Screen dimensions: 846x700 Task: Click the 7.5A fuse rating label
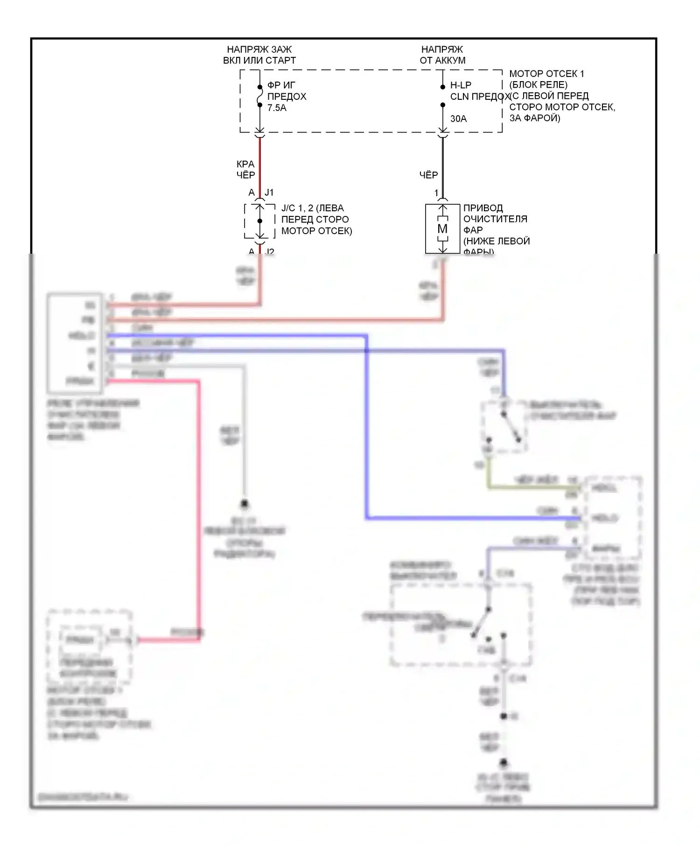(x=277, y=108)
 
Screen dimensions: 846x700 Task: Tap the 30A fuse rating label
(x=458, y=119)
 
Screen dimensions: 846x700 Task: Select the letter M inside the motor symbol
(x=442, y=229)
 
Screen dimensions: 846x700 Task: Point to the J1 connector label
(x=269, y=193)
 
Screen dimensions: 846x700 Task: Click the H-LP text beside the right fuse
(x=461, y=85)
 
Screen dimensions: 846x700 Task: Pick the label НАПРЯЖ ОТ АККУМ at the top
(x=442, y=55)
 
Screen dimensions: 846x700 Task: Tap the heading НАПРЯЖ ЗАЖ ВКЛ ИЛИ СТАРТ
(x=259, y=55)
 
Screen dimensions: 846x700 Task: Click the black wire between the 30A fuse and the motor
(x=443, y=163)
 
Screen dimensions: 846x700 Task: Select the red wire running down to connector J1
(x=260, y=163)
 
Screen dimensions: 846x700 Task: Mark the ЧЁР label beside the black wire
(x=428, y=175)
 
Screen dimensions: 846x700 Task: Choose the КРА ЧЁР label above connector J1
(x=245, y=170)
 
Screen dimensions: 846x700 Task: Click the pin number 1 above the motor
(x=436, y=193)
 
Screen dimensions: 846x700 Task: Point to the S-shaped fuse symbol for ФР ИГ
(x=260, y=97)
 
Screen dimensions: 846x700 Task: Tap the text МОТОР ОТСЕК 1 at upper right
(x=546, y=74)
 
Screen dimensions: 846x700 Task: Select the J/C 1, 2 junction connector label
(x=316, y=219)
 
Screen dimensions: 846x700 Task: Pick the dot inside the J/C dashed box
(x=260, y=221)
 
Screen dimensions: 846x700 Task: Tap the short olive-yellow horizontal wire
(x=532, y=488)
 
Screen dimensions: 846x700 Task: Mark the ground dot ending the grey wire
(x=244, y=504)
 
